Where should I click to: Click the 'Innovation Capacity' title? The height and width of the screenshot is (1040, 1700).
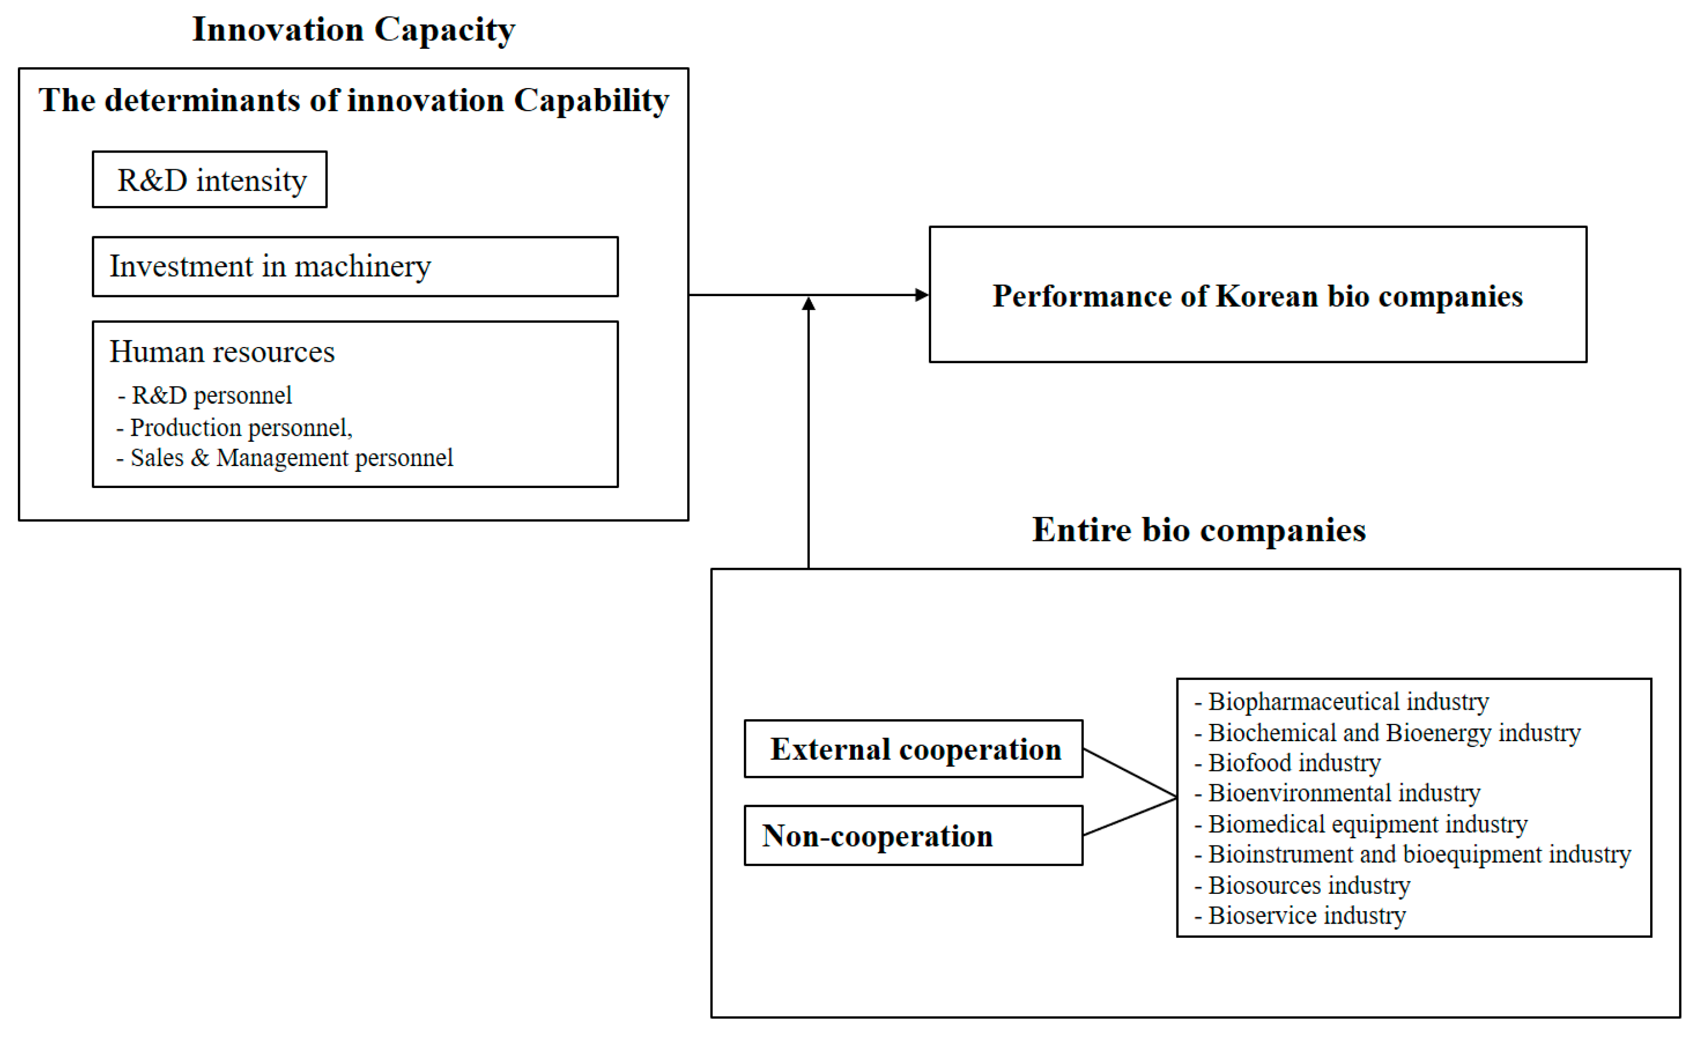tap(353, 30)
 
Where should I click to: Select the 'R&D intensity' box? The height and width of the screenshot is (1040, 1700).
tap(210, 180)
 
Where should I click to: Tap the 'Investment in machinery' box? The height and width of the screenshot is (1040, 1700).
tap(355, 267)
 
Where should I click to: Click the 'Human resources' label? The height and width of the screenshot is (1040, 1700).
tap(222, 352)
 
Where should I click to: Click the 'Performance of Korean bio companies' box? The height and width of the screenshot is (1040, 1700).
tap(1257, 295)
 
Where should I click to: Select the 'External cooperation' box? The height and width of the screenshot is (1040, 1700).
tap(914, 750)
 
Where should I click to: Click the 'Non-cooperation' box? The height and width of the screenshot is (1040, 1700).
tap(914, 836)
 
